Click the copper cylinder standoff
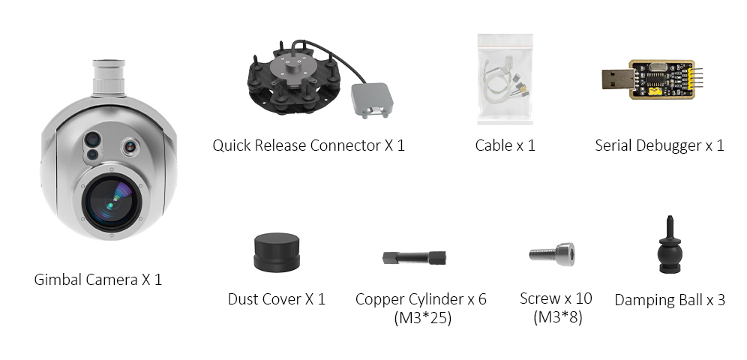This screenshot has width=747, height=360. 415,257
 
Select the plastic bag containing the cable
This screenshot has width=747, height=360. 506,80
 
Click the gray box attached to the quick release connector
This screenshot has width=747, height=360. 372,100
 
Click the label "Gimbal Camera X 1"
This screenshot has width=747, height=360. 98,280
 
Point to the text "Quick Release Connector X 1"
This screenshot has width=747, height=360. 308,145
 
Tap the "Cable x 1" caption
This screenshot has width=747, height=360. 505,145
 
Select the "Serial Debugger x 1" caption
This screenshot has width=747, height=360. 659,145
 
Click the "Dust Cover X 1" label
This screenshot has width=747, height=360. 276,299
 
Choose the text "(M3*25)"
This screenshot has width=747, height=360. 421,318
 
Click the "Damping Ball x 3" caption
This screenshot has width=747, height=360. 670,300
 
